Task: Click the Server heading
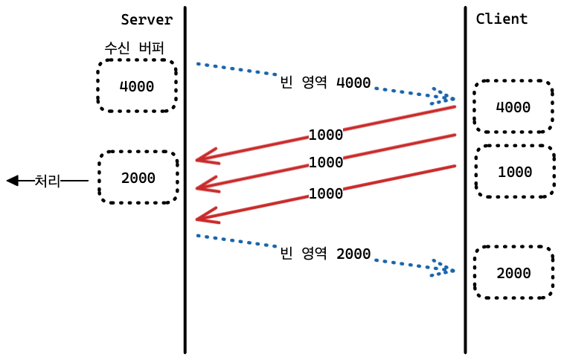click(147, 19)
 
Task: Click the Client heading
click(501, 19)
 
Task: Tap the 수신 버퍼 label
click(134, 48)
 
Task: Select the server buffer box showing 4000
click(137, 86)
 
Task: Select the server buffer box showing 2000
click(138, 178)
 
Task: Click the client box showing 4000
click(514, 106)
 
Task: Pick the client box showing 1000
click(515, 172)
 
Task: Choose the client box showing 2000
click(514, 273)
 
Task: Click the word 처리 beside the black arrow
click(48, 181)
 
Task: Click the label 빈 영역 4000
click(324, 83)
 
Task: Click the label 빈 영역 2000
click(324, 254)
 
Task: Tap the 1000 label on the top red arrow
click(325, 135)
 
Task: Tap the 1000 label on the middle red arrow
click(325, 162)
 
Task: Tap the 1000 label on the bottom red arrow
click(325, 194)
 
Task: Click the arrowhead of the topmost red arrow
click(202, 157)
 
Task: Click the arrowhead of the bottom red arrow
click(202, 216)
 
